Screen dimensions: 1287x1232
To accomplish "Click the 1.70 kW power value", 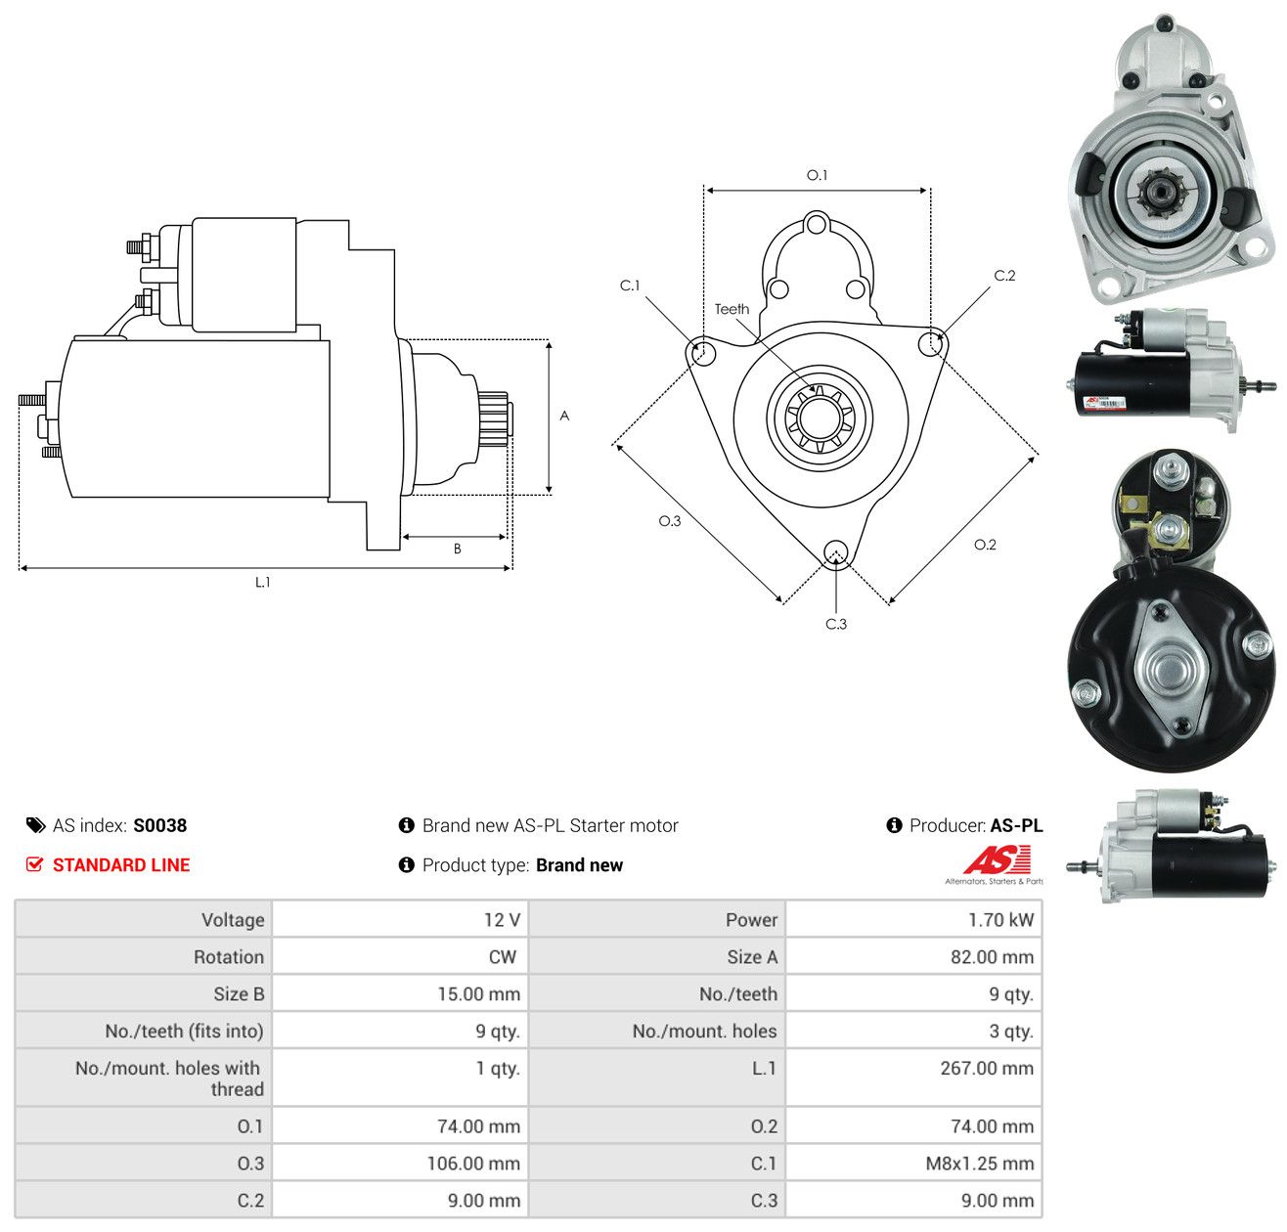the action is click(x=1000, y=919).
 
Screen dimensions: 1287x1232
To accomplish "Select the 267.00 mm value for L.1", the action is click(x=986, y=1068).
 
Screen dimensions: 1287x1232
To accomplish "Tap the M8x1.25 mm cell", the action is click(x=979, y=1163).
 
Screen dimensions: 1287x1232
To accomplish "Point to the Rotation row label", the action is click(x=228, y=956).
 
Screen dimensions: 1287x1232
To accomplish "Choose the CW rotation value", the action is click(x=502, y=956).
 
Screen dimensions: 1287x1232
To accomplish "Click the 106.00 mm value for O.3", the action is click(x=473, y=1163).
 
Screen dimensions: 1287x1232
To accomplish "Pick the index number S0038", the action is click(x=160, y=824).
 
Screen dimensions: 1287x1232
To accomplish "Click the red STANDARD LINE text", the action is click(x=121, y=864).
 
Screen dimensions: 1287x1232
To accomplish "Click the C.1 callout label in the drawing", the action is click(x=629, y=285).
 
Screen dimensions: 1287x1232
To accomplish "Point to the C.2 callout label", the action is click(x=1003, y=275).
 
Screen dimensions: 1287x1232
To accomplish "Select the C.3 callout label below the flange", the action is click(x=835, y=623).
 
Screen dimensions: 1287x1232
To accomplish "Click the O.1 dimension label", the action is click(x=817, y=175).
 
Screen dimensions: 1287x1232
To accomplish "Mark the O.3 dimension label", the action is click(x=669, y=520).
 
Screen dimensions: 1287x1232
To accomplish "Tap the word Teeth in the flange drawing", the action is click(x=731, y=308).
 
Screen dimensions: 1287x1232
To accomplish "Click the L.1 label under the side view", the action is click(x=262, y=581).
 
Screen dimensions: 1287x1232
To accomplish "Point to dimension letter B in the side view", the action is click(x=457, y=548).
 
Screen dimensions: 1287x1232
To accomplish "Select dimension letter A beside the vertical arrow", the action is click(x=563, y=415).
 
